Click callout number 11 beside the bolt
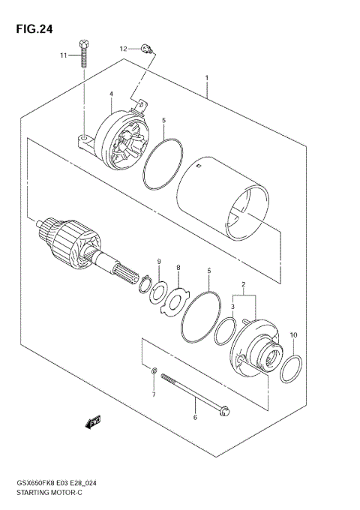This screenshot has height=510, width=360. [x=64, y=56]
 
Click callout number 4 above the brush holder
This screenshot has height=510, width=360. [x=110, y=94]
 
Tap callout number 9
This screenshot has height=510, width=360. [x=159, y=260]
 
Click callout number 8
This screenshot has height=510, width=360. [x=178, y=268]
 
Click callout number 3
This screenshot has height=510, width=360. [x=233, y=307]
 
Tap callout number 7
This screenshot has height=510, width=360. [x=154, y=394]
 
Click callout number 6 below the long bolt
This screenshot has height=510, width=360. [x=195, y=418]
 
